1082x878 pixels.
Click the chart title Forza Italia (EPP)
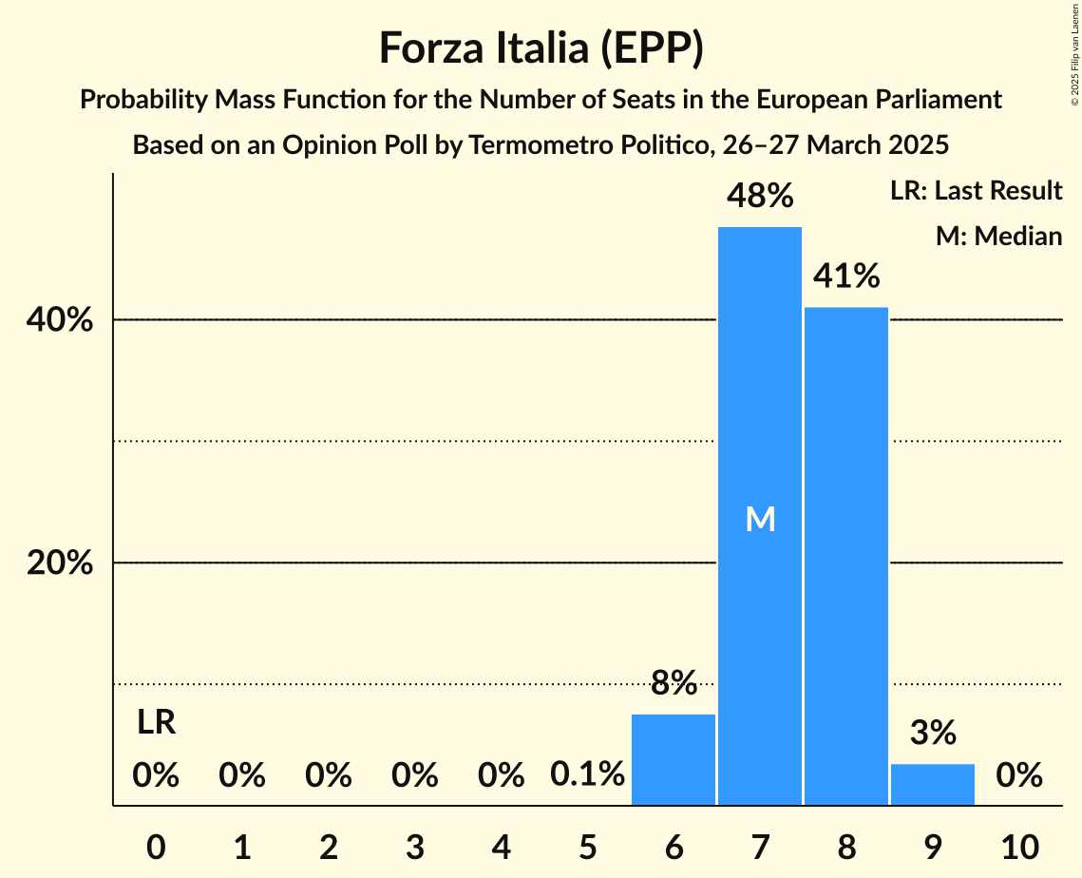[541, 48]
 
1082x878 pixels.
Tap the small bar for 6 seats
[674, 759]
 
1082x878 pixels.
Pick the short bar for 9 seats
[933, 784]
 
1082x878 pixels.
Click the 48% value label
[760, 197]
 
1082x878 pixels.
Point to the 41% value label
[846, 277]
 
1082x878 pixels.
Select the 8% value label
[674, 682]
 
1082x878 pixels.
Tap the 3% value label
[933, 733]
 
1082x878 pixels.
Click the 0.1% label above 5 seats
[587, 775]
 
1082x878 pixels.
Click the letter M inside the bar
[760, 519]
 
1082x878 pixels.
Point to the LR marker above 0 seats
[156, 723]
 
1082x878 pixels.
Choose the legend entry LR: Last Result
[976, 191]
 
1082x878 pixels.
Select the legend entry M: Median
[998, 236]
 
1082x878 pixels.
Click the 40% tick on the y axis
[60, 320]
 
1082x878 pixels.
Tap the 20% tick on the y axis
[60, 563]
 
